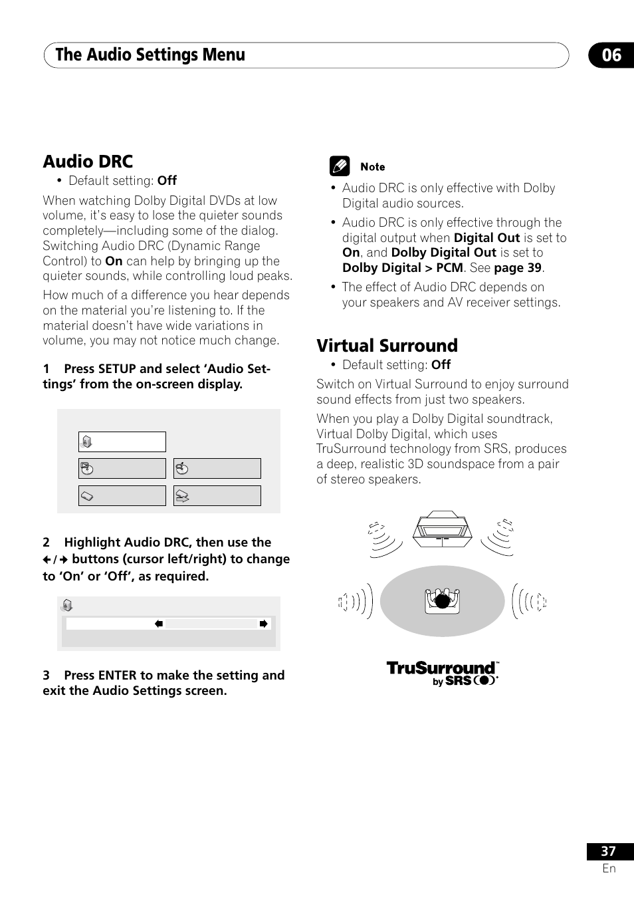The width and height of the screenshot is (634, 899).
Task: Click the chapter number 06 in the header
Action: [x=611, y=55]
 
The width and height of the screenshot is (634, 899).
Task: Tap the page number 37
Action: [x=608, y=851]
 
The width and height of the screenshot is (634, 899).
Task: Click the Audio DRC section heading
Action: [x=88, y=162]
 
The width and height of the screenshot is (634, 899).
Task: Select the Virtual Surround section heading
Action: [x=387, y=346]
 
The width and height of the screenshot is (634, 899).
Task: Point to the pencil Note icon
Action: [x=340, y=166]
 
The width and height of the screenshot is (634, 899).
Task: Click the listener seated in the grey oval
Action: [x=443, y=600]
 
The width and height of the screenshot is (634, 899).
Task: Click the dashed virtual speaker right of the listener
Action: [x=541, y=602]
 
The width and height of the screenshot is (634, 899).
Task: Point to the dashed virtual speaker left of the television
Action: [x=377, y=530]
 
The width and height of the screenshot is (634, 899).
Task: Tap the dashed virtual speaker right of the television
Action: [x=507, y=527]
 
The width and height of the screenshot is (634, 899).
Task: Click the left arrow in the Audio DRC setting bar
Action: [x=159, y=624]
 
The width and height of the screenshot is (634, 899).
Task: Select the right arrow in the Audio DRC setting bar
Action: [x=264, y=624]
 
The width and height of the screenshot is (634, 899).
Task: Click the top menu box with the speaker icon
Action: [x=122, y=442]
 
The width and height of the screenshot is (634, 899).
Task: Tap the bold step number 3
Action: [x=47, y=676]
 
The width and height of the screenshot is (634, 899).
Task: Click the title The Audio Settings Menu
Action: [x=150, y=55]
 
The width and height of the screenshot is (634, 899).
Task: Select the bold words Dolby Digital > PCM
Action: [x=402, y=268]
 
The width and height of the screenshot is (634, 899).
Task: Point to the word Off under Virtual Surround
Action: [x=441, y=365]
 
